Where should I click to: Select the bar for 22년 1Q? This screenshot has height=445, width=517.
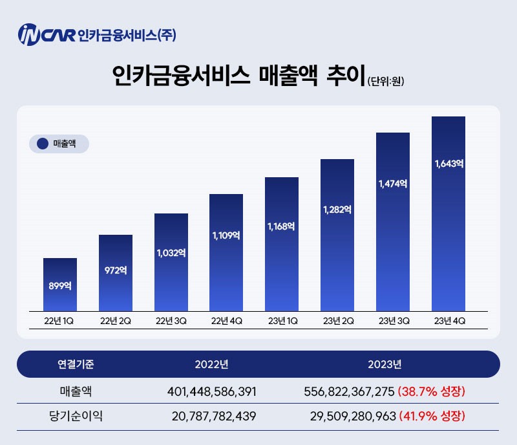coord(60,285)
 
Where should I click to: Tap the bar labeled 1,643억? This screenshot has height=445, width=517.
coord(448,213)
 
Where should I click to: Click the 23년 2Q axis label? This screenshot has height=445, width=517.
coord(338,320)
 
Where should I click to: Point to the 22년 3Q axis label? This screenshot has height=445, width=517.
coord(171,320)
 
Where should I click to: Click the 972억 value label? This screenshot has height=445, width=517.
coord(116,270)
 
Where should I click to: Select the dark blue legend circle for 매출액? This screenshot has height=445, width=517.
coord(43,144)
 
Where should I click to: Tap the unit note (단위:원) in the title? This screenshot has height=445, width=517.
coord(386,81)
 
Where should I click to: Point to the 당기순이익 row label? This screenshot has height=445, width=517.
coord(76,416)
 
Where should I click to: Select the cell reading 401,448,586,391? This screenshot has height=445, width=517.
coord(212,391)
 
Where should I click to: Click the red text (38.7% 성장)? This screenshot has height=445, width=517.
coord(432,391)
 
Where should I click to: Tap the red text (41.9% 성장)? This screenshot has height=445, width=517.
coord(432,416)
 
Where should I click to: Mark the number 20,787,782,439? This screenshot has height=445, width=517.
coord(215,416)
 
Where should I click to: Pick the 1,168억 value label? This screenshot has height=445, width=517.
coord(281,226)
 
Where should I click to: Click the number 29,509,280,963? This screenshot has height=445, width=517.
coord(349,416)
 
